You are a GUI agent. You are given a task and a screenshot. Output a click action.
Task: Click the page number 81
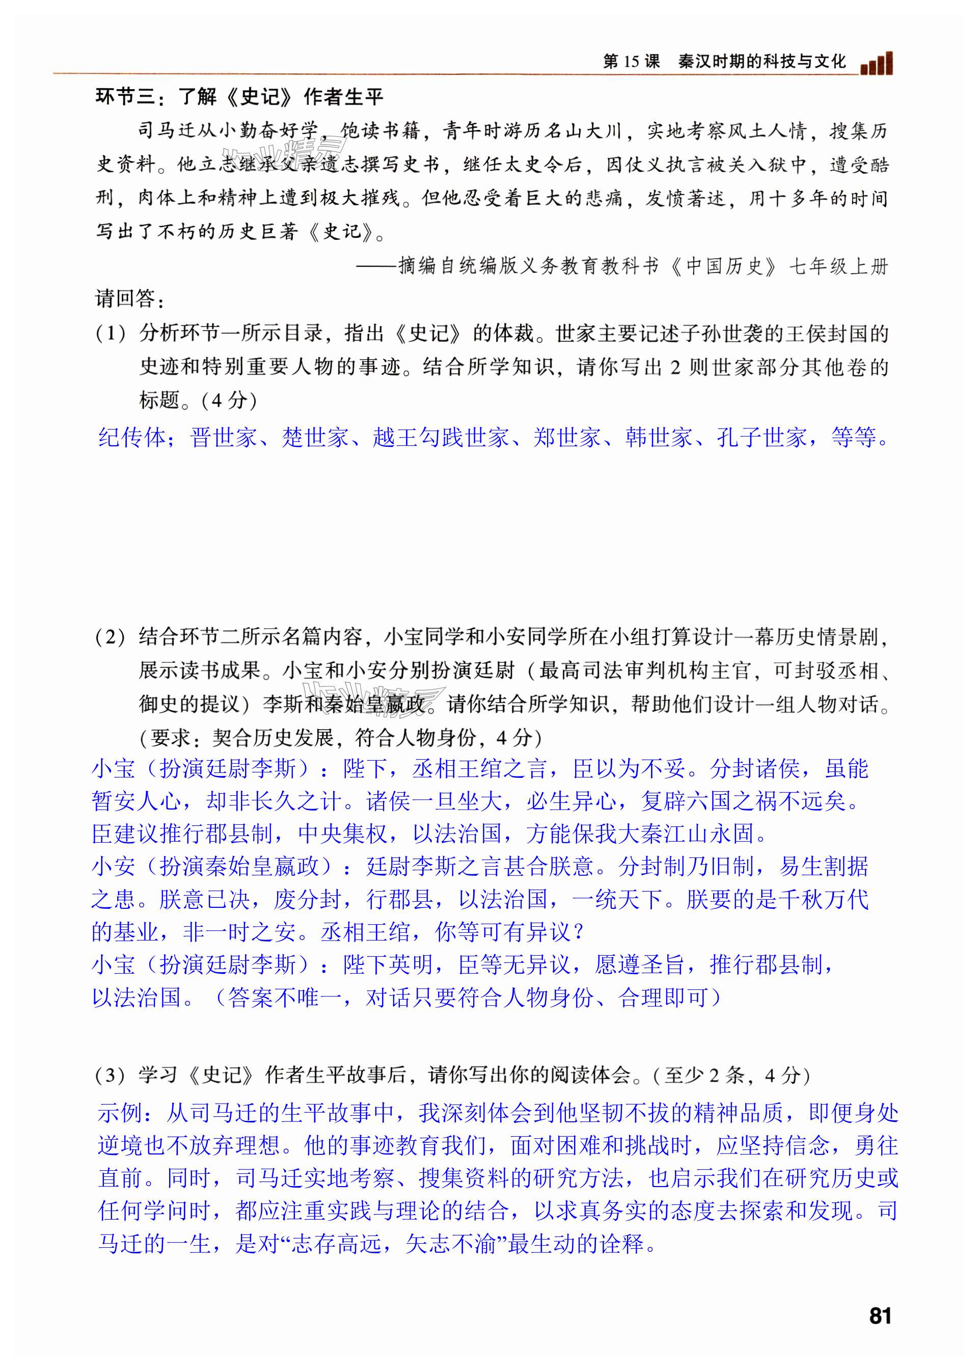pos(880,1315)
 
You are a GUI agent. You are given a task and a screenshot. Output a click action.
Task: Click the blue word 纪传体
pos(132,437)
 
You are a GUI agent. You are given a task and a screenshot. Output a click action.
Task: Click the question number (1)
pos(111,333)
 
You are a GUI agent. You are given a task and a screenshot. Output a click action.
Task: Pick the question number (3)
pos(111,1075)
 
